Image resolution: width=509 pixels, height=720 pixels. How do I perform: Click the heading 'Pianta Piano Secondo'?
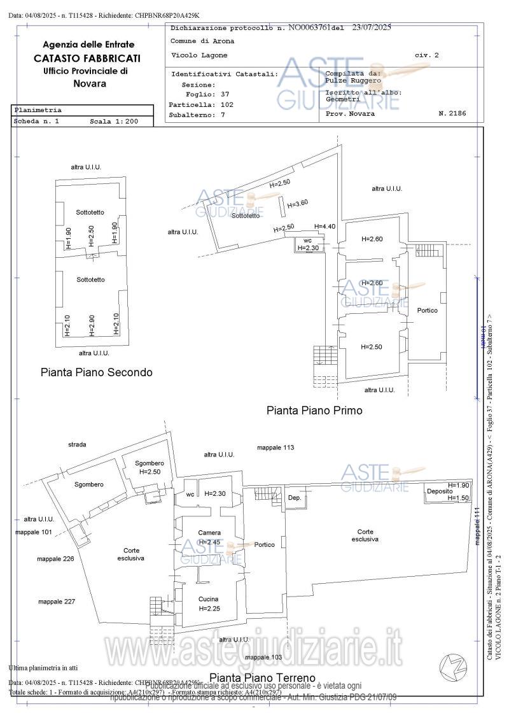coord(96,372)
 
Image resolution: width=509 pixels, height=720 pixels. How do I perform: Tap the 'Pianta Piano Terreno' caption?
coord(262,677)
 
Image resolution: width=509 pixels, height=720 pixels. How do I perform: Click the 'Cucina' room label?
coord(208,599)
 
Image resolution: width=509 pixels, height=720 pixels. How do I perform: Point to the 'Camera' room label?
coord(209,533)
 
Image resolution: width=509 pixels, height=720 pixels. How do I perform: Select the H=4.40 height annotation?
coord(324,227)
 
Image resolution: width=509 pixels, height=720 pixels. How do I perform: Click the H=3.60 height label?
coord(298,204)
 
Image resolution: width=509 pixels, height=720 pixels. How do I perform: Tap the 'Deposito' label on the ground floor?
coord(440,491)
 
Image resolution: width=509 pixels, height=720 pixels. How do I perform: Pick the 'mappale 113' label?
coord(275,448)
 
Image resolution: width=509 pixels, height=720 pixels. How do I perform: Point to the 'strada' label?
coord(77,444)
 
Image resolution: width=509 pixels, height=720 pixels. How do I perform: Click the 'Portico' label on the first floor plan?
coord(427,310)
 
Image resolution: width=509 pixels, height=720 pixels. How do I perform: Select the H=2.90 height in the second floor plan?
coord(92,325)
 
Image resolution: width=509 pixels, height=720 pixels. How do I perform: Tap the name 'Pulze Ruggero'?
coord(352,81)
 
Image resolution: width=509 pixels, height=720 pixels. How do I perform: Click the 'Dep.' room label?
coord(294,497)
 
